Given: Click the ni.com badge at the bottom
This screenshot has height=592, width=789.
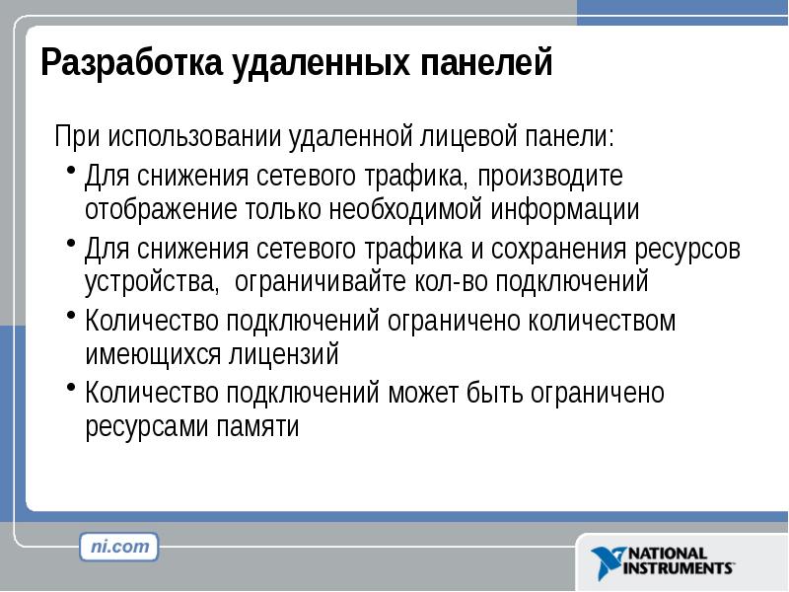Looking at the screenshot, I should (x=118, y=546).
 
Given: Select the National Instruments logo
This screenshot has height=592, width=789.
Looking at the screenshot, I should (x=662, y=561).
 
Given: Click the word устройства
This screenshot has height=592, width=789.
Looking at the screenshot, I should (x=151, y=283).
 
